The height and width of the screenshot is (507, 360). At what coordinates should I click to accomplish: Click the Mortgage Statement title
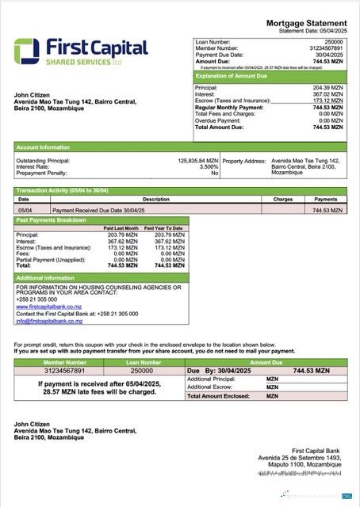pyautogui.click(x=305, y=23)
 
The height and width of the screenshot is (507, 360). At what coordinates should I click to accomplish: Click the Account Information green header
pyautogui.click(x=42, y=147)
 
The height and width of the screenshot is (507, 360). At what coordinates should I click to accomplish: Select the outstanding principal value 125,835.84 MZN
pyautogui.click(x=197, y=160)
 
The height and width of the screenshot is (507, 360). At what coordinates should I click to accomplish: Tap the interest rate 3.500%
pyautogui.click(x=208, y=166)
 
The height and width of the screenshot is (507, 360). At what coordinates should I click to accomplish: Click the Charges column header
pyautogui.click(x=282, y=200)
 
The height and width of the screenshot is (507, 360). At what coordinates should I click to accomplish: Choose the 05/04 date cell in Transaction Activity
pyautogui.click(x=25, y=211)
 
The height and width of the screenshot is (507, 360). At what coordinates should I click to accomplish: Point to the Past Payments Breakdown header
pyautogui.click(x=52, y=220)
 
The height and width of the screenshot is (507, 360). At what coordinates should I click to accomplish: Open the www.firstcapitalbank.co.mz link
pyautogui.click(x=48, y=307)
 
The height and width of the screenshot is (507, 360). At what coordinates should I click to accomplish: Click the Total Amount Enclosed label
pyautogui.click(x=216, y=395)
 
